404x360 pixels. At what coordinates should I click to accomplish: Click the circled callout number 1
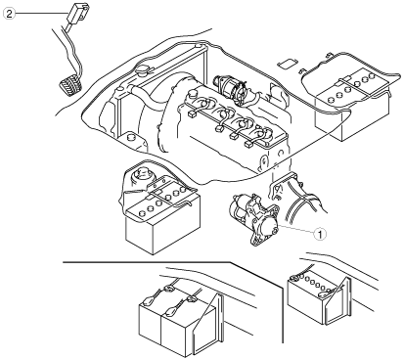[x=320, y=234]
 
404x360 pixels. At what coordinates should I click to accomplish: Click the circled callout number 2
[x=9, y=14]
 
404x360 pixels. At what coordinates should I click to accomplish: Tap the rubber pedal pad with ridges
[x=69, y=84]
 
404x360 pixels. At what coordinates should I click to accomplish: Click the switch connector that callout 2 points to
[x=77, y=13]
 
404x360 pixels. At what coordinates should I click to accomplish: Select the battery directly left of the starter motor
[x=163, y=217]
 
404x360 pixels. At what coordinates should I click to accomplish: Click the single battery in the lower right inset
[x=313, y=297]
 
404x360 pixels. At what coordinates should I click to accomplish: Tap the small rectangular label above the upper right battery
[x=288, y=64]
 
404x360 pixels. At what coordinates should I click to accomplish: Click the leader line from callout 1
[x=295, y=229]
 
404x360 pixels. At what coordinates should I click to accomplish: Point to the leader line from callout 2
[x=41, y=13]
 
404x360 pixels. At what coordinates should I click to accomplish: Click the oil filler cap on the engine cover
[x=192, y=94]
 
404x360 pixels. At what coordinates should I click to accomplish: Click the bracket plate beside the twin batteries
[x=208, y=325]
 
